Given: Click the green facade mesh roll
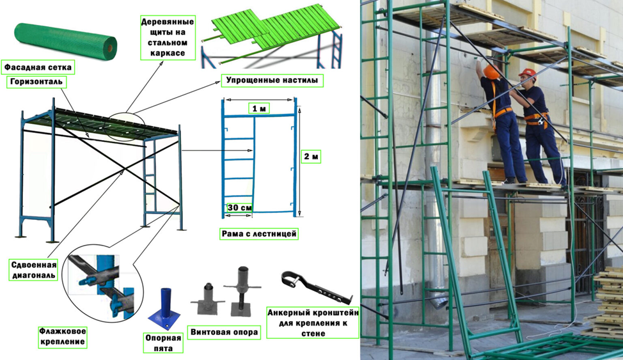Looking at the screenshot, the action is (65, 42).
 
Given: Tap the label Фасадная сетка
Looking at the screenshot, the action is (38, 68).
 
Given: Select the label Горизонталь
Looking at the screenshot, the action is (36, 82).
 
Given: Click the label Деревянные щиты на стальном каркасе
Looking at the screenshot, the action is (168, 37).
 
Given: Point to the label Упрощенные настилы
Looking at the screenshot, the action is (272, 81).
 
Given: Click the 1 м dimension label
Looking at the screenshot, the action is (259, 108).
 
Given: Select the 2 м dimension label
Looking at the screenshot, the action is (311, 157).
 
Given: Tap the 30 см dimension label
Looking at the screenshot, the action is (240, 208).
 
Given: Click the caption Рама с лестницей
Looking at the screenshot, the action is (258, 233).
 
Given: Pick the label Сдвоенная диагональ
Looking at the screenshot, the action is (34, 270).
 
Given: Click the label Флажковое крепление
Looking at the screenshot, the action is (63, 336).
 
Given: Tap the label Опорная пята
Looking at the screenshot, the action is (163, 343).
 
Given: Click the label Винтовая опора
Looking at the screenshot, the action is (224, 332).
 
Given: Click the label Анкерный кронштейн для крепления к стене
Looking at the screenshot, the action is (313, 322).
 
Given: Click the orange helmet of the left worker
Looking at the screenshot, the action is (491, 72).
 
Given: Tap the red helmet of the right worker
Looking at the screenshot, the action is (527, 73).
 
